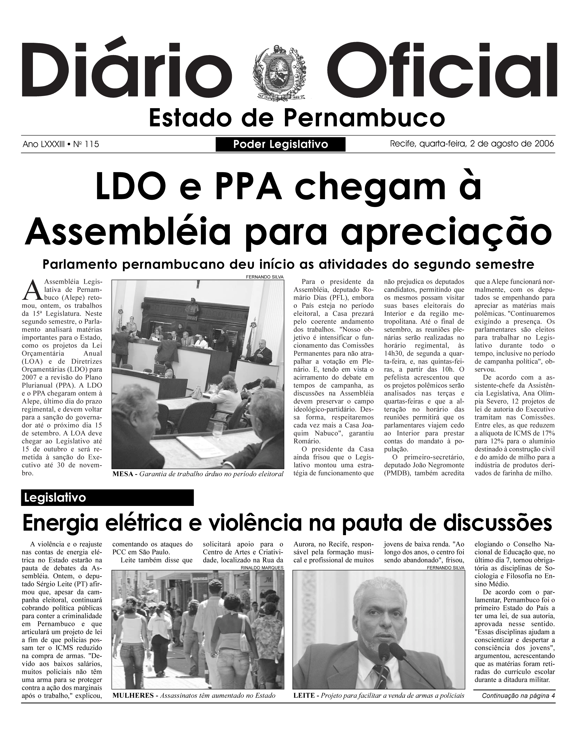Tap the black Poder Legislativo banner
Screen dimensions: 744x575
pyautogui.click(x=280, y=144)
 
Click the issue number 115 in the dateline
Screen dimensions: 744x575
pyautogui.click(x=92, y=144)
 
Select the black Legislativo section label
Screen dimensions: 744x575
pyautogui.click(x=107, y=498)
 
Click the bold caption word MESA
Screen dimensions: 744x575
pyautogui.click(x=123, y=474)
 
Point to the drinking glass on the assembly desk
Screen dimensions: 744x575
pyautogui.click(x=217, y=430)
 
